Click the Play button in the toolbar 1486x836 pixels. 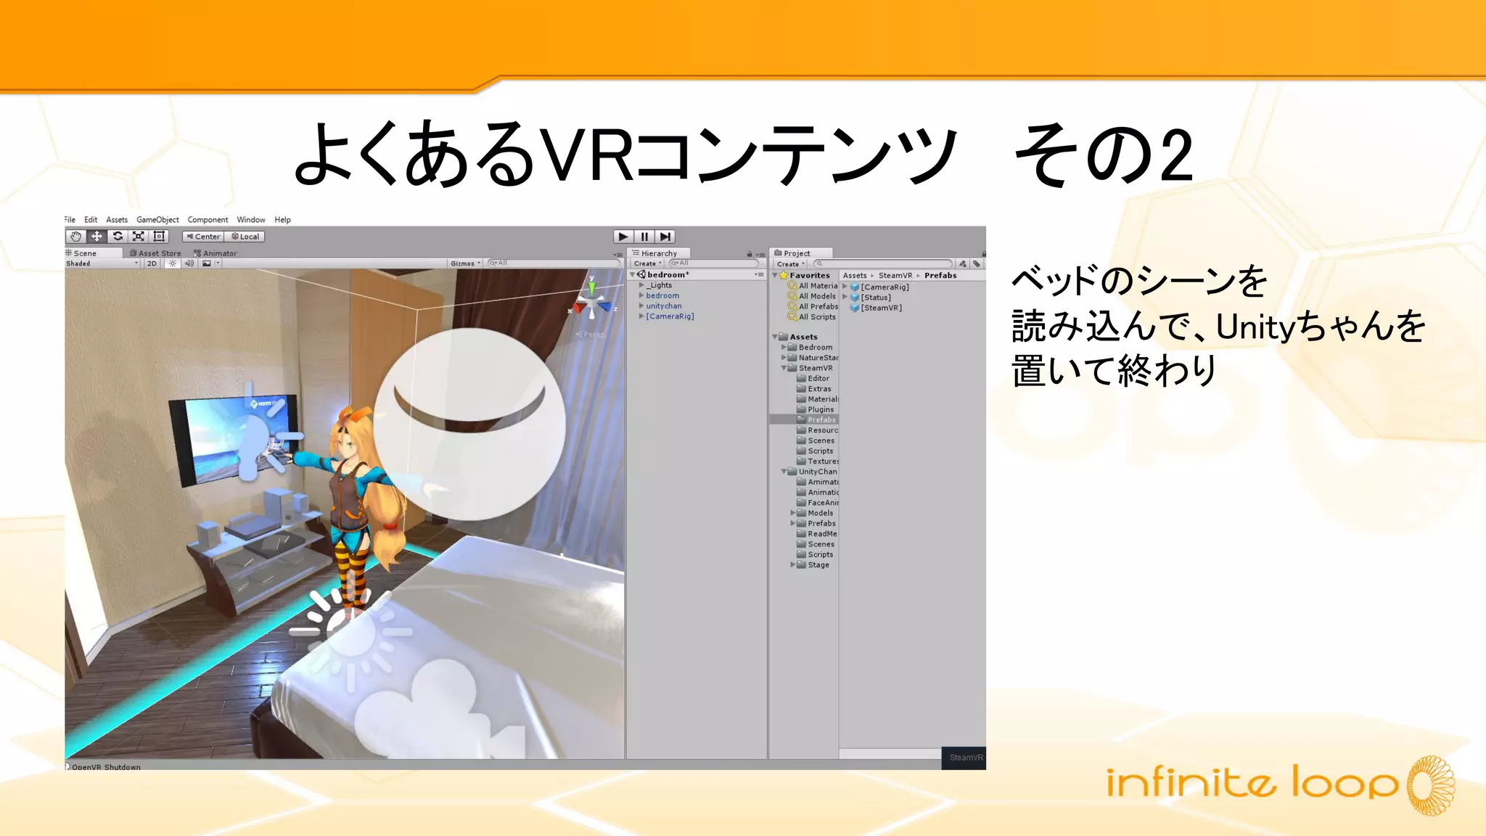pos(623,237)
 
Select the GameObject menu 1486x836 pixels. pos(157,220)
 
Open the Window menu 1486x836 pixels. pos(251,220)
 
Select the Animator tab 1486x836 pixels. pos(219,253)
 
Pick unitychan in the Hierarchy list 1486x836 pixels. pos(664,306)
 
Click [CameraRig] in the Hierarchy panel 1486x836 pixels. pos(670,316)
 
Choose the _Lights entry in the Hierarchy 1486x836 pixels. pos(660,285)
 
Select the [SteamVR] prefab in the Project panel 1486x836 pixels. pos(881,308)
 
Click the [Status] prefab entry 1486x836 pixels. pos(875,298)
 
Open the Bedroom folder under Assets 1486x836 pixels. pos(815,348)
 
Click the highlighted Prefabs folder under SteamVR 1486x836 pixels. pos(821,420)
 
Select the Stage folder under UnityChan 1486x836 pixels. pos(818,565)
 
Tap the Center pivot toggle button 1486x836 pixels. pos(203,237)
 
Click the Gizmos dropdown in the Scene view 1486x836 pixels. pos(464,263)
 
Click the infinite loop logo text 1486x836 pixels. pos(1252,784)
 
